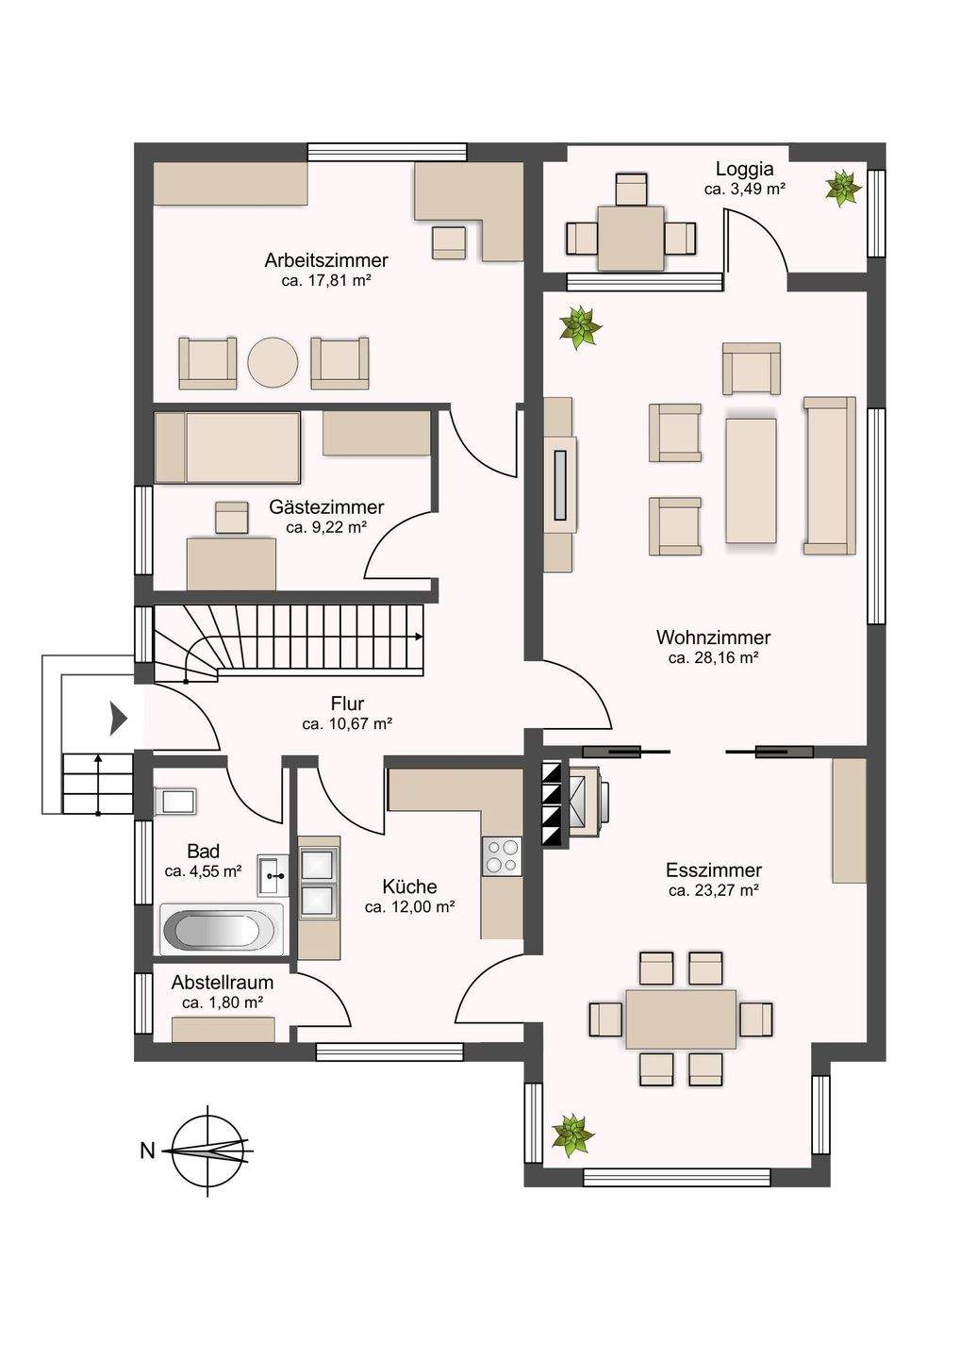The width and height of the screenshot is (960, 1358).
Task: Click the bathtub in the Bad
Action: pos(222,930)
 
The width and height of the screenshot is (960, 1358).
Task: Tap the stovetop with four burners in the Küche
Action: pos(501,856)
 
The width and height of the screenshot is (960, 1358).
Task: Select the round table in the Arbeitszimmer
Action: pos(273,362)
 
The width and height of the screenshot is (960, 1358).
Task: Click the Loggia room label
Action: pos(744,169)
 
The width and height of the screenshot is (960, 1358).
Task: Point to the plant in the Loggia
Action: pos(843,188)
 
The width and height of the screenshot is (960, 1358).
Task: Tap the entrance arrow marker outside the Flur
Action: pos(118,719)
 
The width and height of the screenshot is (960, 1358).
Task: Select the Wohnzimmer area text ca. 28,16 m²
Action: pos(713,658)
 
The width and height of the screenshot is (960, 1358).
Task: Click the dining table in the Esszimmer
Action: pos(681,1019)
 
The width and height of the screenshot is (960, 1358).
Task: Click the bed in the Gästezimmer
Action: pos(228,447)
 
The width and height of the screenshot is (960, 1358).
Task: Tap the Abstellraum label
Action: pos(222,982)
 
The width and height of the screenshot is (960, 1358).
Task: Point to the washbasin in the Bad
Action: pos(273,875)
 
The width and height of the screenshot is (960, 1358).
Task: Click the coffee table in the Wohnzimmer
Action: pos(751,480)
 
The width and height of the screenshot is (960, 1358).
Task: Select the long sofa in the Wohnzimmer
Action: pos(830,476)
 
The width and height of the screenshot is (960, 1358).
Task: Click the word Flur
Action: pos(347,704)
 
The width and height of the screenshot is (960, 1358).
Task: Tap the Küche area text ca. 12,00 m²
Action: pos(409,907)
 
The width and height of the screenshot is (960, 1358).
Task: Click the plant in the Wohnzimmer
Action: pos(581,327)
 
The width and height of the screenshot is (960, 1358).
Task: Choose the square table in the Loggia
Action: pos(630,239)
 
